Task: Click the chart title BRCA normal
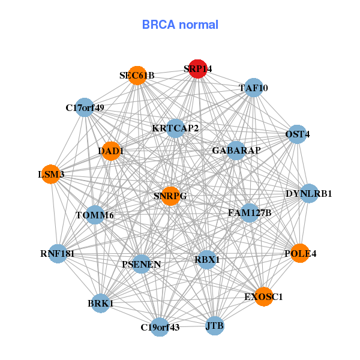(180, 25)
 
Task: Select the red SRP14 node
(197, 69)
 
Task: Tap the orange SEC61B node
(137, 76)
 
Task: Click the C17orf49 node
(85, 108)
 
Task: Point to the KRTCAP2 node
(175, 128)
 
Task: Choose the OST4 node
(298, 134)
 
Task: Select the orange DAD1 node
(110, 151)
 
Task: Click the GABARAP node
(236, 150)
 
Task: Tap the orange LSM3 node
(51, 174)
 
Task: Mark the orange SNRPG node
(170, 196)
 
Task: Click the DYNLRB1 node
(309, 193)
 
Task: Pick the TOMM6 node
(95, 215)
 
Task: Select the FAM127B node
(250, 212)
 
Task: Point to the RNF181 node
(58, 253)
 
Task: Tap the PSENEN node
(141, 264)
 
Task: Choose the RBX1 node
(207, 260)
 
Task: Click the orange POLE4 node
(299, 253)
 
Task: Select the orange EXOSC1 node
(263, 296)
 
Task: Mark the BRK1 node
(100, 304)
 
